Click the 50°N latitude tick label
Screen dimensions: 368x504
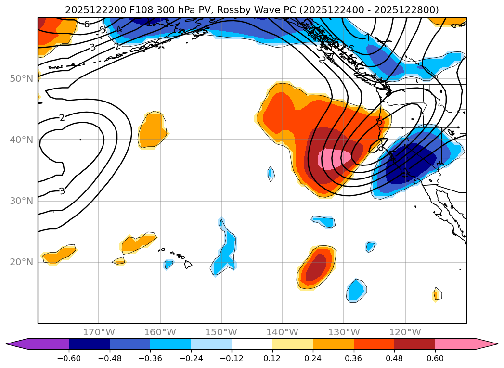[21, 78]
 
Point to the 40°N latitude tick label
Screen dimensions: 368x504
[21, 140]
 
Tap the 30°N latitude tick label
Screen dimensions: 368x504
[21, 201]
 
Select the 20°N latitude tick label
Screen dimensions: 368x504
[21, 262]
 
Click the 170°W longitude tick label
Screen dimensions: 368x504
[99, 332]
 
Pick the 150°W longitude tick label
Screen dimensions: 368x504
[221, 332]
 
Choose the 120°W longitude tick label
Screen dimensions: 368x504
[405, 332]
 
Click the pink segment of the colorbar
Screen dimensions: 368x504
[455, 344]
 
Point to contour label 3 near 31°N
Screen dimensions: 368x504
[62, 191]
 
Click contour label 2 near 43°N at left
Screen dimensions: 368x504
[62, 118]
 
